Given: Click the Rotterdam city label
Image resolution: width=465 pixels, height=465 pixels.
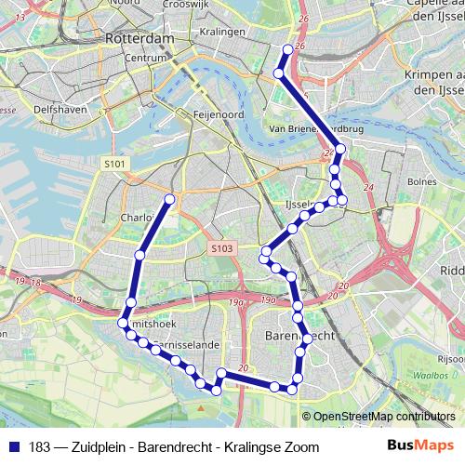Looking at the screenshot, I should coord(140,39).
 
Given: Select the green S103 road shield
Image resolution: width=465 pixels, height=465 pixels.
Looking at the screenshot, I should coord(221,249).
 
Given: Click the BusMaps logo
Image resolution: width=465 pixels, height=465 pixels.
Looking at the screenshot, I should coord(418,446).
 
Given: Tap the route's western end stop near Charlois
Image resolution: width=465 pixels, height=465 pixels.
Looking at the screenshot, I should coord(170,199).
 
